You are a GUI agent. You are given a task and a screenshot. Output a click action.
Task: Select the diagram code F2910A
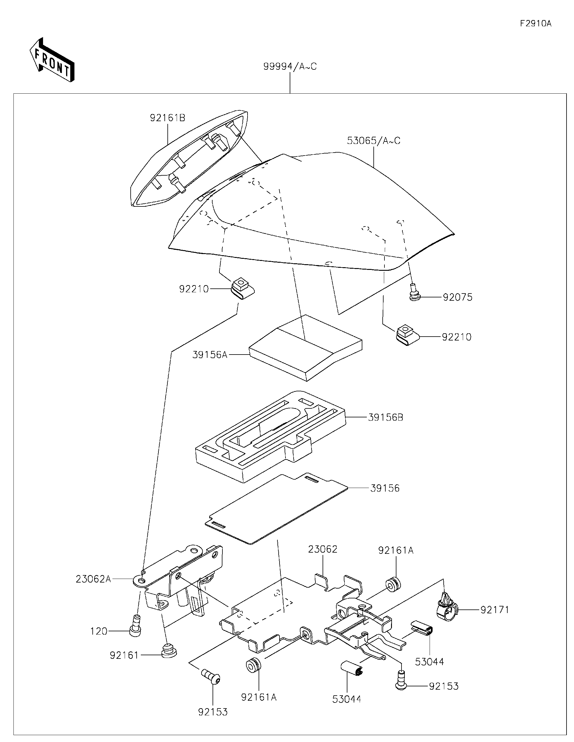pyautogui.click(x=535, y=23)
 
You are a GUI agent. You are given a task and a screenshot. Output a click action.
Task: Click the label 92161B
pyautogui.click(x=168, y=118)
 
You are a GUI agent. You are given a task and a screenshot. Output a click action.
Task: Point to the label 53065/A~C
pyautogui.click(x=373, y=140)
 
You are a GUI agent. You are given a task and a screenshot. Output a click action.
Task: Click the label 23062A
pyautogui.click(x=93, y=579)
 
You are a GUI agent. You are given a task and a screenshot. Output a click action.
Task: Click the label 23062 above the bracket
pyautogui.click(x=323, y=549)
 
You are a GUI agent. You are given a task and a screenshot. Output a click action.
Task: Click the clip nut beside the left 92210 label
pyautogui.click(x=242, y=288)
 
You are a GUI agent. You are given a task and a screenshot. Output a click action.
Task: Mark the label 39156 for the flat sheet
pyautogui.click(x=384, y=488)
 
